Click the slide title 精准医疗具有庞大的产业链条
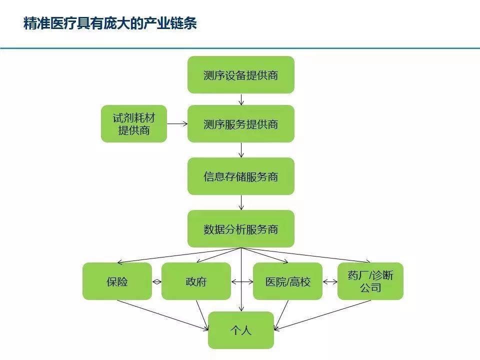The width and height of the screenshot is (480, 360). point(110,23)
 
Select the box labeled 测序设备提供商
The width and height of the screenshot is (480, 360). point(241,74)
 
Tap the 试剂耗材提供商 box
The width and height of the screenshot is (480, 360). point(134,123)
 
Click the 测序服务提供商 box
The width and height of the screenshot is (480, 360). point(241,123)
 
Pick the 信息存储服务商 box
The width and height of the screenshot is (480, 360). point(241,176)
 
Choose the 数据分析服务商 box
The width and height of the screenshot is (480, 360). point(241,228)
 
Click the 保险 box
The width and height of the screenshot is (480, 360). point(117,281)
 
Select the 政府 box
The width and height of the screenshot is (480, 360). point(196,281)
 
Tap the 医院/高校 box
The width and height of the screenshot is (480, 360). point(288,281)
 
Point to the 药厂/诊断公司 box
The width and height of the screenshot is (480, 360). point(370,281)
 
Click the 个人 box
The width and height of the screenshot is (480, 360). point(241,330)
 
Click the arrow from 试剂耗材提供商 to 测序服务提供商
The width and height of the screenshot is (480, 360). point(177,123)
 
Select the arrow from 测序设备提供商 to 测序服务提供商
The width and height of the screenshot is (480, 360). point(241,99)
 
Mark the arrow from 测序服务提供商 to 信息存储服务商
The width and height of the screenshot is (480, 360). point(241,150)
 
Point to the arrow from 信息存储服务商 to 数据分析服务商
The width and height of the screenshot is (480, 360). point(241,202)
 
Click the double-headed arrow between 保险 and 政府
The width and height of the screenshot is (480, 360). point(156,281)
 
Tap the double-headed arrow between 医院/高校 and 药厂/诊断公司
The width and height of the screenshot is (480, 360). point(330,281)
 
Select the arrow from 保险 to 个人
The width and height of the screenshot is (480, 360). point(163,315)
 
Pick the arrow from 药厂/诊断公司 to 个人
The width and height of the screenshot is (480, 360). point(322,315)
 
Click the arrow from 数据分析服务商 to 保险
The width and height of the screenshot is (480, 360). point(179,255)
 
